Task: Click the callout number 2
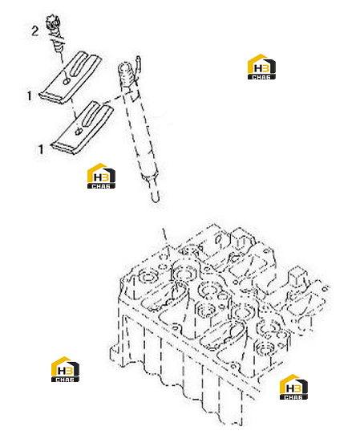pyautogui.click(x=34, y=30)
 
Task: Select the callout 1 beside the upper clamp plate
pyautogui.click(x=29, y=96)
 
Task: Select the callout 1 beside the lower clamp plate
pyautogui.click(x=41, y=149)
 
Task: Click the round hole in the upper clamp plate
pyautogui.click(x=67, y=81)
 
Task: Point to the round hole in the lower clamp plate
pyautogui.click(x=78, y=131)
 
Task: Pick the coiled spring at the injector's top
pyautogui.click(x=125, y=74)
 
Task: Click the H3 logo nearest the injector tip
pyautogui.click(x=101, y=176)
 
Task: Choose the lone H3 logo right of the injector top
pyautogui.click(x=261, y=67)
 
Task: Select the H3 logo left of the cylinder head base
pyautogui.click(x=65, y=369)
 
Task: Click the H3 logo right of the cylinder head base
pyautogui.click(x=293, y=387)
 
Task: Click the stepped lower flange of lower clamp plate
pyautogui.click(x=64, y=148)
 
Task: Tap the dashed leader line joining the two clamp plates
pyautogui.click(x=73, y=109)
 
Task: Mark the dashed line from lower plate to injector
pyautogui.click(x=112, y=100)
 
